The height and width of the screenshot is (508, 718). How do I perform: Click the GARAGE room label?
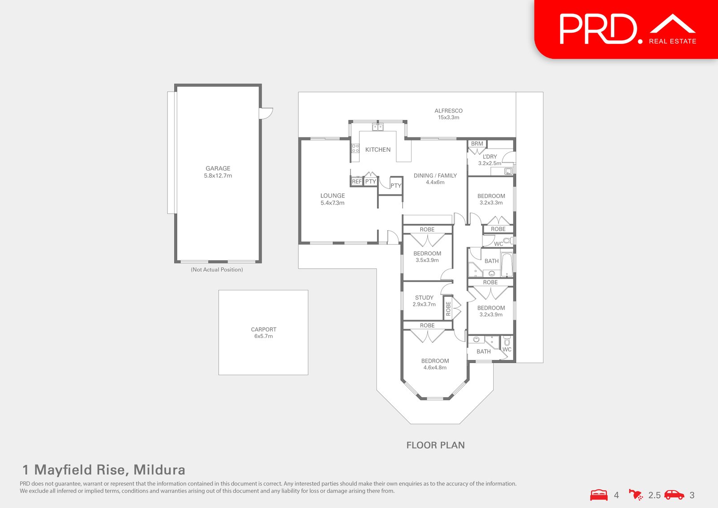click(218, 168)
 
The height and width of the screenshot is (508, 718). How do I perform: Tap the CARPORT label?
click(263, 329)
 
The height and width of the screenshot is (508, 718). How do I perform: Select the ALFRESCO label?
click(448, 111)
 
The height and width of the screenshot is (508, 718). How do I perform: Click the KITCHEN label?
click(378, 149)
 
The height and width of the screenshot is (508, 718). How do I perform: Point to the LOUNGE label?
click(333, 196)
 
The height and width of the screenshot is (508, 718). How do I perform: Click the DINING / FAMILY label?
click(435, 175)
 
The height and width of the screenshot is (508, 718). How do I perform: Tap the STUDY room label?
click(424, 298)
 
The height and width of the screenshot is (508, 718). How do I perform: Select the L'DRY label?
click(490, 157)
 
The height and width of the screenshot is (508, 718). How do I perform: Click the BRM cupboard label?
click(477, 144)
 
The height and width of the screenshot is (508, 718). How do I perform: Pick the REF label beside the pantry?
click(357, 182)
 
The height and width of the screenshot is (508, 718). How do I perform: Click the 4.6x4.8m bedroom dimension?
click(435, 368)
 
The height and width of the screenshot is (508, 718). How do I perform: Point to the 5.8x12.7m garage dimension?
click(218, 176)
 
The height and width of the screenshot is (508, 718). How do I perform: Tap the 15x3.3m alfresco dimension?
click(448, 118)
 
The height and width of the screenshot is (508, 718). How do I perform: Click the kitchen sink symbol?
click(378, 127)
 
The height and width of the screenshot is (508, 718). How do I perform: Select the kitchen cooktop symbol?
click(355, 148)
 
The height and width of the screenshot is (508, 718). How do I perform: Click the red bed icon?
click(599, 495)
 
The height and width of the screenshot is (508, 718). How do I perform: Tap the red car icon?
click(674, 495)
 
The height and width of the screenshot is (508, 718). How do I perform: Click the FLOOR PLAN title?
click(435, 445)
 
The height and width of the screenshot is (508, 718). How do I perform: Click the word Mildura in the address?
click(159, 470)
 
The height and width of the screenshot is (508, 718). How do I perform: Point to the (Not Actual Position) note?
click(217, 270)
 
